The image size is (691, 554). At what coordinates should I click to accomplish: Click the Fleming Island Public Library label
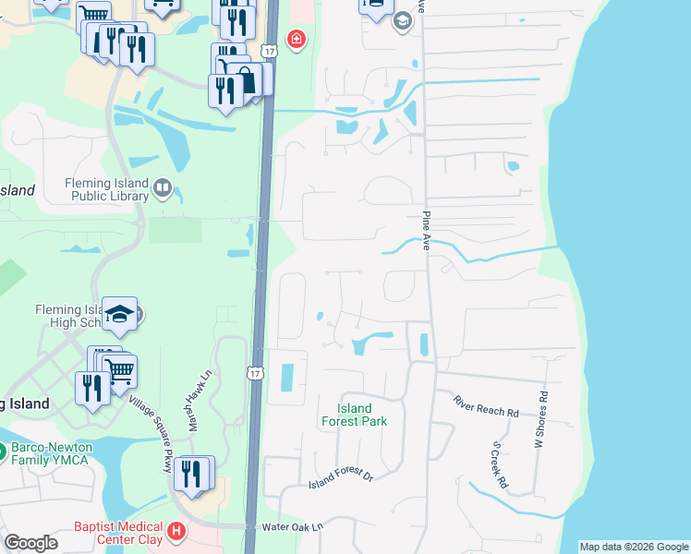(106, 189)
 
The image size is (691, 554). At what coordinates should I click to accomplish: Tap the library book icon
(164, 189)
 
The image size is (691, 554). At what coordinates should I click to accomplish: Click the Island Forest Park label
(354, 415)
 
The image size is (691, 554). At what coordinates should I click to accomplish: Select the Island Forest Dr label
(340, 477)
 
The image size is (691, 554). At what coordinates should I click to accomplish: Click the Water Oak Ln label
(294, 526)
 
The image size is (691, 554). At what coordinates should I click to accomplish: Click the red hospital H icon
(176, 533)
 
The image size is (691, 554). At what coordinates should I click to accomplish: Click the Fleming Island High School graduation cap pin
(119, 314)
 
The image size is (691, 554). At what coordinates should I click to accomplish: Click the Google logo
(30, 543)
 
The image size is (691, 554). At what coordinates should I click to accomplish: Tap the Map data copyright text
(634, 547)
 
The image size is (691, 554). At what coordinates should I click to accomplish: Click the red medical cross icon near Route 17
(296, 39)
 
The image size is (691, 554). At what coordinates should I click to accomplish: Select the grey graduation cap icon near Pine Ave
(402, 20)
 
